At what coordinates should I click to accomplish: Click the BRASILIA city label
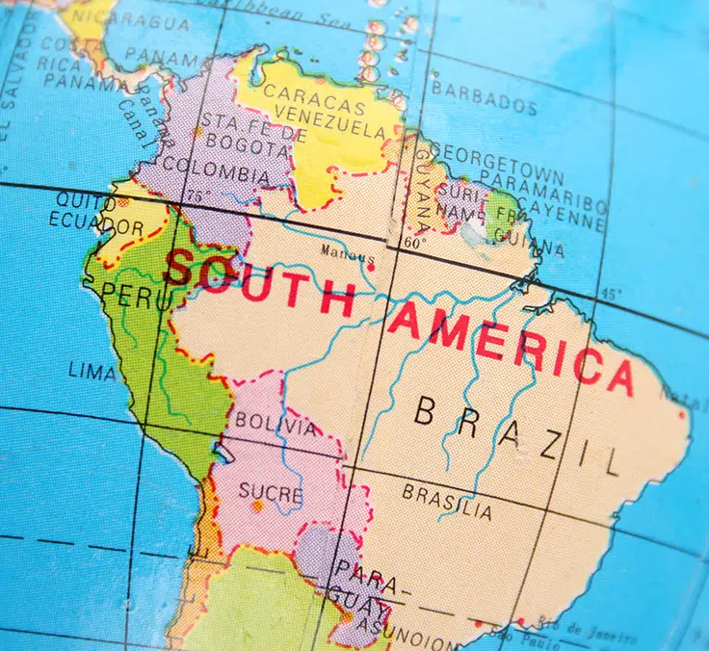point(447,498)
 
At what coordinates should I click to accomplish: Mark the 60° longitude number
point(413,244)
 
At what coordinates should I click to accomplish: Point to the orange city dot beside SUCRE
point(257,507)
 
